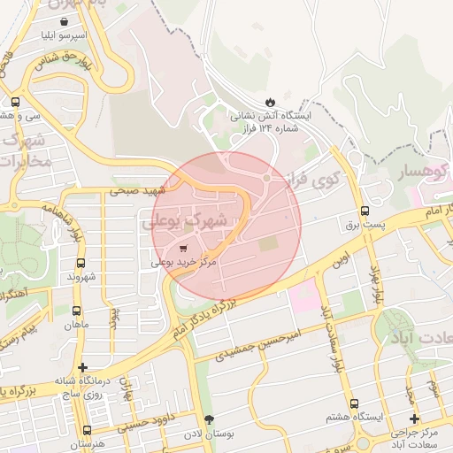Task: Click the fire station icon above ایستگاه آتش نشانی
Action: (270, 102)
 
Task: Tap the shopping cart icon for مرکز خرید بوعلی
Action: (183, 249)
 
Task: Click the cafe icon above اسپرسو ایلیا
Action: (65, 21)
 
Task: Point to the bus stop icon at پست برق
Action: (365, 211)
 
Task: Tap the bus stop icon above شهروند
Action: (81, 263)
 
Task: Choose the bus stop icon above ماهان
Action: (75, 311)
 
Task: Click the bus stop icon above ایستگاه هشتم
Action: (354, 403)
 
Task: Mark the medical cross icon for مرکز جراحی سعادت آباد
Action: (414, 418)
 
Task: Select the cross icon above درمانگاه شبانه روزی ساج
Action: (82, 367)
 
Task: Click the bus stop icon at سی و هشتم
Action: (15, 101)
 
